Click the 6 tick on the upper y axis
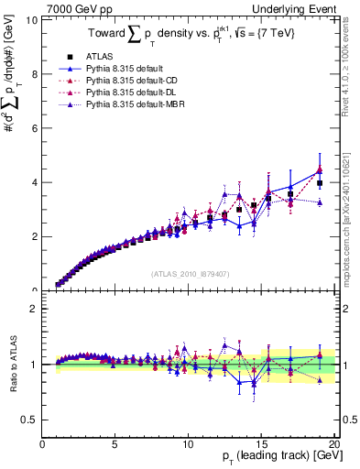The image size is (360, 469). pos(34,128)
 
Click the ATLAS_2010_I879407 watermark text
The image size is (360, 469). pos(189,272)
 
